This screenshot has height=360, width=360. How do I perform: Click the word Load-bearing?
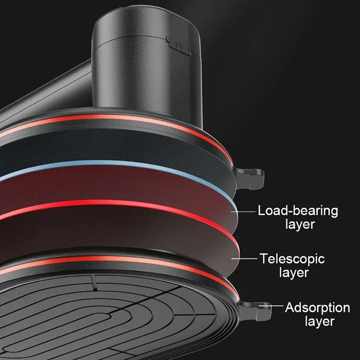[297, 210]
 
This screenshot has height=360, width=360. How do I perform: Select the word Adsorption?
[317, 308]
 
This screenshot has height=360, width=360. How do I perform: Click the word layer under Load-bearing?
[300, 224]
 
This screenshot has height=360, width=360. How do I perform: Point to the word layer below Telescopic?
[294, 273]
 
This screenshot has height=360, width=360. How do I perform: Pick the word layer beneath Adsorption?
[319, 321]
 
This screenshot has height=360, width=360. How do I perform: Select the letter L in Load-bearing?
[261, 210]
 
